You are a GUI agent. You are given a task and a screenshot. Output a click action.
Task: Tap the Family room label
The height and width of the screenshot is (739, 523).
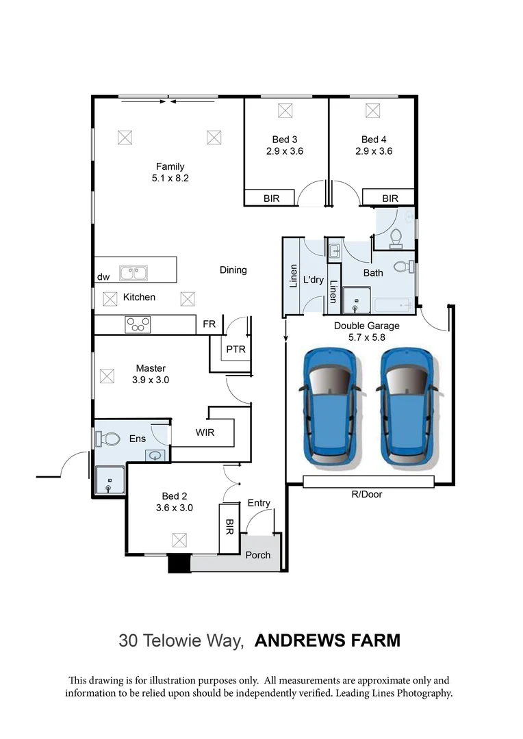coord(170,166)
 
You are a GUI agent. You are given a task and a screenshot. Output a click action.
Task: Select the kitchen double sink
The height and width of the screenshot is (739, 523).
coord(134,273)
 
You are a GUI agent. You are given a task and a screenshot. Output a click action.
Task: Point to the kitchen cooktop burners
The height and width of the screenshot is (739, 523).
coord(138,324)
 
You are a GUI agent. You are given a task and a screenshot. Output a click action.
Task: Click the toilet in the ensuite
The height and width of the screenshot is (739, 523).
coord(108,438)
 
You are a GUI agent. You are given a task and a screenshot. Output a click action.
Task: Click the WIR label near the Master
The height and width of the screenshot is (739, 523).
coord(205,432)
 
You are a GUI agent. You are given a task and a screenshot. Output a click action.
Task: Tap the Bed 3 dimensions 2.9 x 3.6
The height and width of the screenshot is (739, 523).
coord(285,152)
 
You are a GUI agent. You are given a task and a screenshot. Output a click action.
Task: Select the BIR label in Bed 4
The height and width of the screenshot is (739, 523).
coord(390,198)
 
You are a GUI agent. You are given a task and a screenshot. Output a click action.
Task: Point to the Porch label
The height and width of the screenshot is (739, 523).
coord(258,555)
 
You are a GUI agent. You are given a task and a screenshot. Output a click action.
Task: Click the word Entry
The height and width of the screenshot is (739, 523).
coord(259,503)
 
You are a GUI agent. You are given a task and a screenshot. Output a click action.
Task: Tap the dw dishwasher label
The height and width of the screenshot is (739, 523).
coord(103,277)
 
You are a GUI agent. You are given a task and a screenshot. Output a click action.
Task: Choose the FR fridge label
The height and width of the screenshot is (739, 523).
coord(209,324)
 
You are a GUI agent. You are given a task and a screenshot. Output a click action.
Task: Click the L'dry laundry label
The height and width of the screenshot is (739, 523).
coord(313,280)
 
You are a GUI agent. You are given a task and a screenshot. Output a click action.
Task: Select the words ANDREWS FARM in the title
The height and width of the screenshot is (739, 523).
coord(327,641)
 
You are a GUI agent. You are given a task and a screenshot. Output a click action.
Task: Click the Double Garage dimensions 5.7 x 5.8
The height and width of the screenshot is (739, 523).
coord(366,338)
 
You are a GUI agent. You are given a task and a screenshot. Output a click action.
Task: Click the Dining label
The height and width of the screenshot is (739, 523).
coord(233,270)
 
